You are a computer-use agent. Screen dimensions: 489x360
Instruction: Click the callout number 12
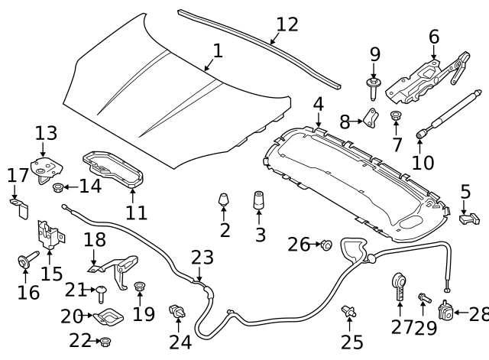(287, 24)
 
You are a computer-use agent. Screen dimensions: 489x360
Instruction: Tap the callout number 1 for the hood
(218, 51)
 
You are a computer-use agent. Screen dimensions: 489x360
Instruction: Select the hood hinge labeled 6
(428, 77)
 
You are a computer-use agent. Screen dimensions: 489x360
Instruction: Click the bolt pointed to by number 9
(373, 89)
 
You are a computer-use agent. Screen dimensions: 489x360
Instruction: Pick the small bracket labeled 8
(371, 118)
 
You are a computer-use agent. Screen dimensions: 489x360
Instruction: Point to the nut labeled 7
(396, 115)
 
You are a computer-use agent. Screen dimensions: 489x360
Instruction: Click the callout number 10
(423, 163)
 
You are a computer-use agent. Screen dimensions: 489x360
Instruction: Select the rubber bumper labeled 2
(224, 199)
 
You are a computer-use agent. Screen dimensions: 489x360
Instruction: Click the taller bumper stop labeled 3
(258, 200)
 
